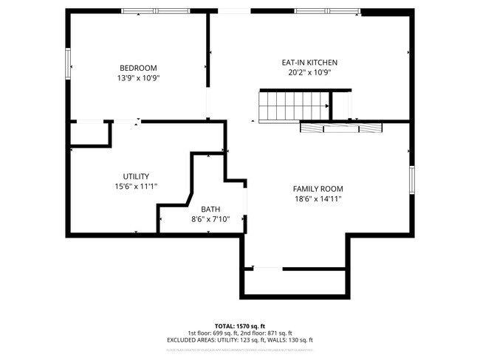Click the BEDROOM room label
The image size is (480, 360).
tap(138, 68)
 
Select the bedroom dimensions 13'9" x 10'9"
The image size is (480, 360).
tap(138, 77)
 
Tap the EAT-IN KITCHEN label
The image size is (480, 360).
tap(309, 63)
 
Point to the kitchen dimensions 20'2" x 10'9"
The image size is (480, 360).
tap(309, 72)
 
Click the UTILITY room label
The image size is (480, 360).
tap(136, 176)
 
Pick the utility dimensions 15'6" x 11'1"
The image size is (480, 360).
tap(136, 186)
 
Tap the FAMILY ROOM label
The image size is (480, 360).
tap(318, 189)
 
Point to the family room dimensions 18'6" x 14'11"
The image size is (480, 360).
tap(318, 198)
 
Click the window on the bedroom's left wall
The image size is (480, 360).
tap(68, 60)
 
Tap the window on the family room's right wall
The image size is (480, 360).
tap(411, 181)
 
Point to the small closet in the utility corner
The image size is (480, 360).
tap(89, 134)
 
